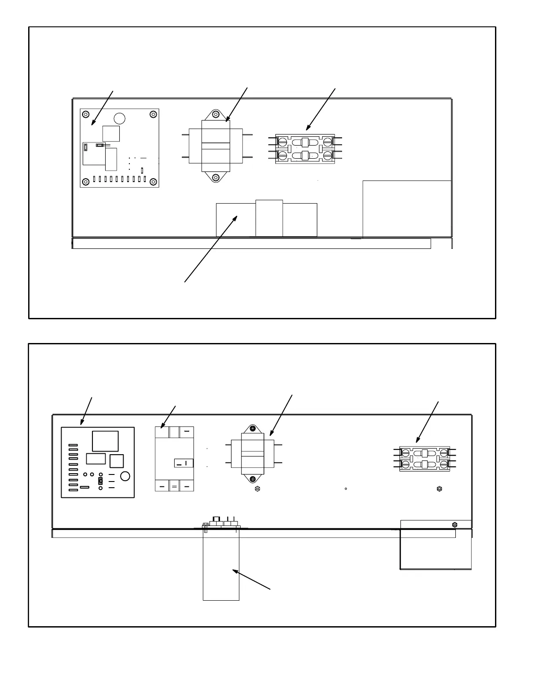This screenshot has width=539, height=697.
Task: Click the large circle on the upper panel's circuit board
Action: click(119, 118)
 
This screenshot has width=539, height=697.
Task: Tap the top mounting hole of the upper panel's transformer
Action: click(216, 115)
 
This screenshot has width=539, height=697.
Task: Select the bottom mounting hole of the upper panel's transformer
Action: click(216, 178)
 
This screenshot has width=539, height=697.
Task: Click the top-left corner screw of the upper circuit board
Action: click(86, 114)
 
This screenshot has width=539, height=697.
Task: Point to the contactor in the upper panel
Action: click(305, 149)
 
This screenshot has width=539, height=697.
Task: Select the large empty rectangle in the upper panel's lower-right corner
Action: click(407, 208)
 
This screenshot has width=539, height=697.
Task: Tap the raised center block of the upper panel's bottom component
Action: click(269, 218)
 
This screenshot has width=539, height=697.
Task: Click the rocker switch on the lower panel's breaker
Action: click(183, 463)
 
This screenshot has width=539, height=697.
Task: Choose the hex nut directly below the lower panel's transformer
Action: click(258, 489)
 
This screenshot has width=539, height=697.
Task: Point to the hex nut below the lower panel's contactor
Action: click(439, 489)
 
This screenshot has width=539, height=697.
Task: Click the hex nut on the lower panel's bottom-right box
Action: click(455, 524)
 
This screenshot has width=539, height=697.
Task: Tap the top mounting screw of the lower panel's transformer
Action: click(253, 428)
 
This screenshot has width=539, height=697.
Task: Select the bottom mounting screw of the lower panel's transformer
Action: click(253, 479)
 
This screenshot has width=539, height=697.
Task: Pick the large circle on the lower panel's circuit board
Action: click(125, 476)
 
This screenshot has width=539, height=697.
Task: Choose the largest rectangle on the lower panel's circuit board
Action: click(105, 441)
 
